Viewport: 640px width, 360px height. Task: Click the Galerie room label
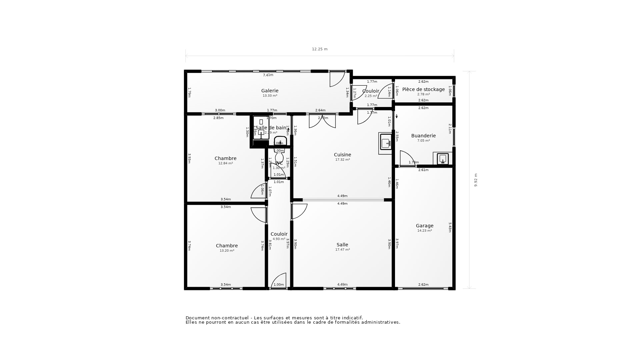(x=270, y=91)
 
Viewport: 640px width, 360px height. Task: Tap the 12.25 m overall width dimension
(x=319, y=49)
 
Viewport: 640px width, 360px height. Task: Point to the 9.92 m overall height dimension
(x=476, y=180)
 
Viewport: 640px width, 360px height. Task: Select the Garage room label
(x=424, y=226)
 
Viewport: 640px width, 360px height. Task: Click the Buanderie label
(x=423, y=136)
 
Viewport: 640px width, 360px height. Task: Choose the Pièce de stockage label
(x=423, y=89)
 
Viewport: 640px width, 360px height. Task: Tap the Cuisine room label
(x=342, y=155)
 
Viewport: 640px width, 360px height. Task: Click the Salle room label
(x=342, y=245)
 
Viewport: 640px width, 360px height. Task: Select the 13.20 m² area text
(x=227, y=251)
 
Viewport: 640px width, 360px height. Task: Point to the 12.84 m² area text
(x=225, y=163)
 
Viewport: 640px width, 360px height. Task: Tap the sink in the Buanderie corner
(x=443, y=159)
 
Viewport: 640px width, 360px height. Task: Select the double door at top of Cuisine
(x=322, y=122)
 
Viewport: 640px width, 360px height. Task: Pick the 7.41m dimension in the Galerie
(x=268, y=75)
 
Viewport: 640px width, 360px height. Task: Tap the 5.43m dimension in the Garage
(x=450, y=227)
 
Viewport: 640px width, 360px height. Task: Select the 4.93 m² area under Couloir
(x=279, y=239)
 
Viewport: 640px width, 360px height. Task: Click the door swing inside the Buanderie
(x=407, y=158)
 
